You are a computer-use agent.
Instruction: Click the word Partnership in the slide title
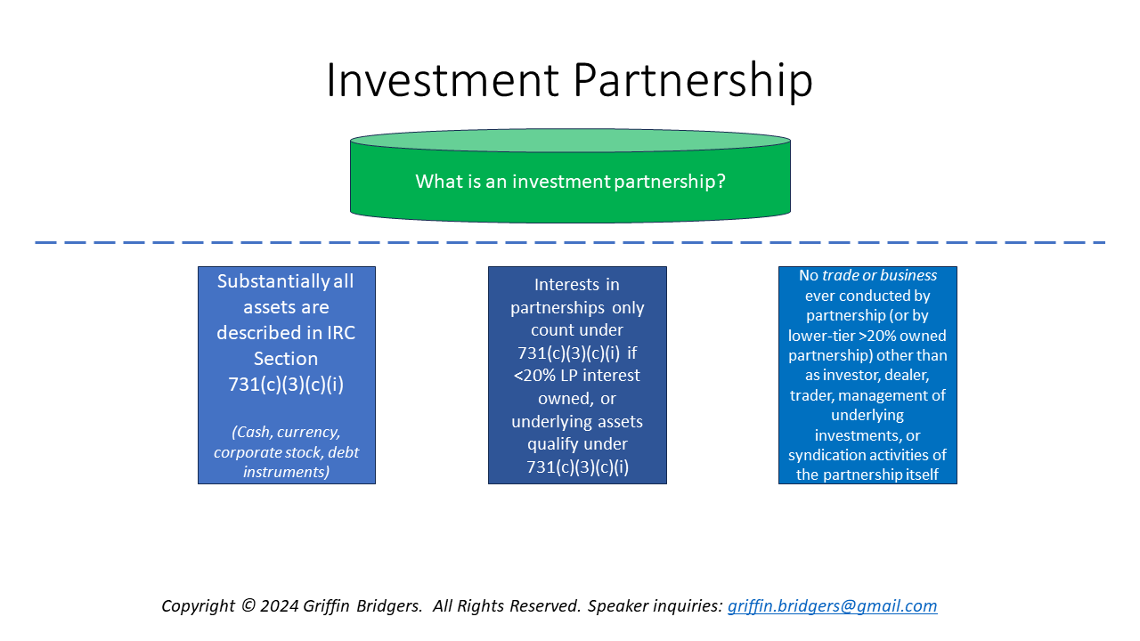tap(693, 81)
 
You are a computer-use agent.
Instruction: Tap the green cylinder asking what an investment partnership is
tap(570, 182)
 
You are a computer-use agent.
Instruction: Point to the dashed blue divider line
tap(570, 242)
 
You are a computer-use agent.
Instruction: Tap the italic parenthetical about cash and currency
tap(286, 451)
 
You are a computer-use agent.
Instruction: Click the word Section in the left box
tap(286, 359)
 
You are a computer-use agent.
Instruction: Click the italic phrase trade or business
tap(879, 276)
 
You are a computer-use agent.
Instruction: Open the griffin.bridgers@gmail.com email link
tap(832, 606)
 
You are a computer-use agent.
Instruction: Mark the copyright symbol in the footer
tap(248, 606)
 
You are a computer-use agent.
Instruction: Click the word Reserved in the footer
tap(546, 606)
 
